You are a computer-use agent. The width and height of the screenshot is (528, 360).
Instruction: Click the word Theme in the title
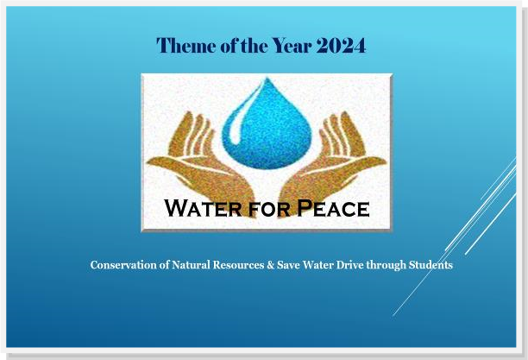point(186,45)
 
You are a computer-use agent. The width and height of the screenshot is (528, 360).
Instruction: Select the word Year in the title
point(292,45)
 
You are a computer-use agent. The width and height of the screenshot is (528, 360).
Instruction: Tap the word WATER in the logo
point(203,208)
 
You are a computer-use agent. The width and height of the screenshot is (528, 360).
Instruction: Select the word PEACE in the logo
point(333,208)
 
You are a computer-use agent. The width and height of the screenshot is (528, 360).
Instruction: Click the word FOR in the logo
point(269,209)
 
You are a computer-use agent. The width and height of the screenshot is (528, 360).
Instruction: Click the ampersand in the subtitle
point(270,265)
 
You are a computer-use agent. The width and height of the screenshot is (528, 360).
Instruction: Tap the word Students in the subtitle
point(431,265)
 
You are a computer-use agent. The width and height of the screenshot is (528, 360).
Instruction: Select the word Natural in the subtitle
point(191,265)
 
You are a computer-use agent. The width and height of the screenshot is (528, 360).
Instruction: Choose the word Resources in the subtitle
point(238,265)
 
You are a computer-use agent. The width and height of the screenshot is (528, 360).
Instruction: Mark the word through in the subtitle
point(387,266)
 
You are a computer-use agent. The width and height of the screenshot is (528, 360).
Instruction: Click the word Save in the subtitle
point(288,265)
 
